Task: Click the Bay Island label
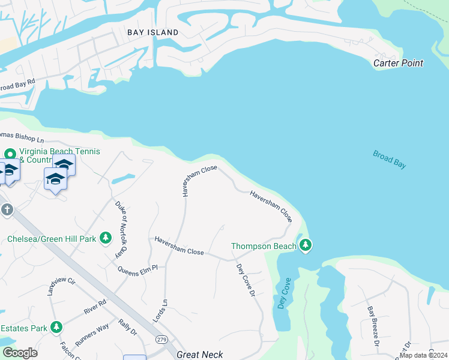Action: [x=152, y=32]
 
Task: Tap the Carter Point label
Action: [x=398, y=63]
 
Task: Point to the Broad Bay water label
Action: [x=389, y=160]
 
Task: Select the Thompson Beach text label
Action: [x=264, y=246]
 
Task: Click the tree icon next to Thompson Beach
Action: [x=306, y=245]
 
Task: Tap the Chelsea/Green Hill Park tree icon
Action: [x=106, y=239]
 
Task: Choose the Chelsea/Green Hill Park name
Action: [x=52, y=239]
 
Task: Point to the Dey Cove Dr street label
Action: [x=246, y=280]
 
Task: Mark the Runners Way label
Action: [x=92, y=335]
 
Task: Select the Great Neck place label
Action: [x=200, y=355]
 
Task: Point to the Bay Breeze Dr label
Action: [x=373, y=327]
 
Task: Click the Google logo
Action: [x=19, y=353]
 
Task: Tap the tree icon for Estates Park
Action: [x=56, y=328]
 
